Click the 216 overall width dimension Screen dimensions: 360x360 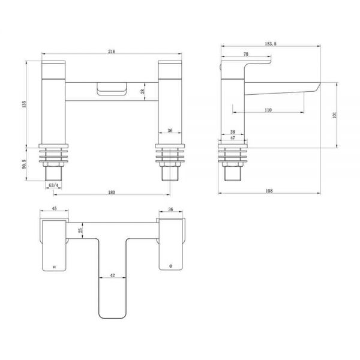pyautogui.click(x=112, y=52)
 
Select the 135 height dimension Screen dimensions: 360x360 pyautogui.click(x=25, y=104)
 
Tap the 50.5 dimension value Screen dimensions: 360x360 pyautogui.click(x=25, y=164)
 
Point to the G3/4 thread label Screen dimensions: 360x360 pyautogui.click(x=53, y=185)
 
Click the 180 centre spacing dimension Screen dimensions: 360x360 pyautogui.click(x=112, y=193)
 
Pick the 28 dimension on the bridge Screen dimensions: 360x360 pyautogui.click(x=143, y=91)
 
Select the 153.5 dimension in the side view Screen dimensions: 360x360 pyautogui.click(x=271, y=44)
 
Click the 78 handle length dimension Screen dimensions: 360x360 pyautogui.click(x=246, y=54)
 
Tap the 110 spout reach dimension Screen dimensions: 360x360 pyautogui.click(x=268, y=110)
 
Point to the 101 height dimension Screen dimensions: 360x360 pyautogui.click(x=334, y=115)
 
